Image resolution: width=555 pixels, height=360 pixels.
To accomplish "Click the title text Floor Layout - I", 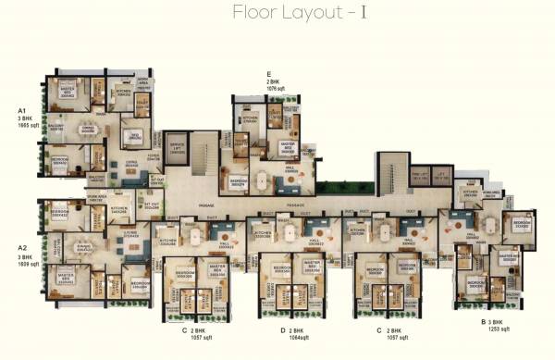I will click(277, 13).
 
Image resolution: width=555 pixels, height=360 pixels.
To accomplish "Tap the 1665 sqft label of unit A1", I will click(27, 127).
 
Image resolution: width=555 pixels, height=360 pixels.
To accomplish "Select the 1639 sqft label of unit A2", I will click(27, 265).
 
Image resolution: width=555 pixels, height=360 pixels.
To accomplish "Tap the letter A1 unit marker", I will click(20, 111).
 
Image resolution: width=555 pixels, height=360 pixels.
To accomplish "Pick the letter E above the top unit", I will click(269, 73).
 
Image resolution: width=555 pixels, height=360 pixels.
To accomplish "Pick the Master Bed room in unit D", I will click(307, 268).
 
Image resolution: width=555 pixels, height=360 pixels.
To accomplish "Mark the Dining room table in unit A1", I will click(89, 130).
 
